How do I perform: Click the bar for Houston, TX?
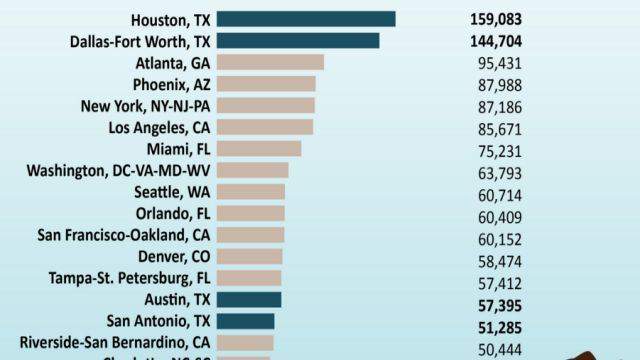click(x=306, y=19)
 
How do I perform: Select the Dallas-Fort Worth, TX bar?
click(x=298, y=41)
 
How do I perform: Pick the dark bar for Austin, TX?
click(x=249, y=299)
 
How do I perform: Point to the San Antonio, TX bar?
click(x=245, y=321)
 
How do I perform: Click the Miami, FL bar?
click(x=259, y=148)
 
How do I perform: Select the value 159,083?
click(x=495, y=19)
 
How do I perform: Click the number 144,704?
click(x=495, y=41)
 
